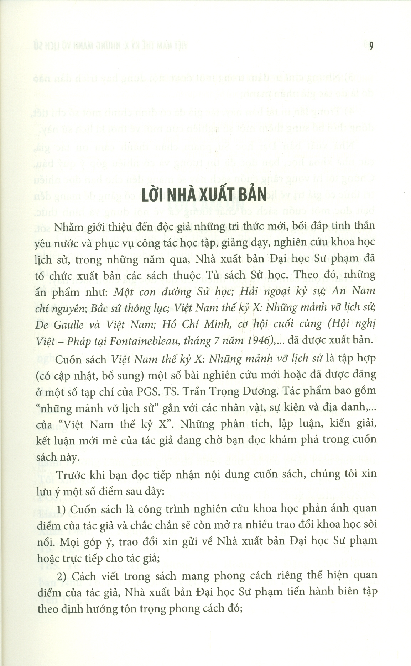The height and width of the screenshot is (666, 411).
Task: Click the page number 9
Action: (371, 46)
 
